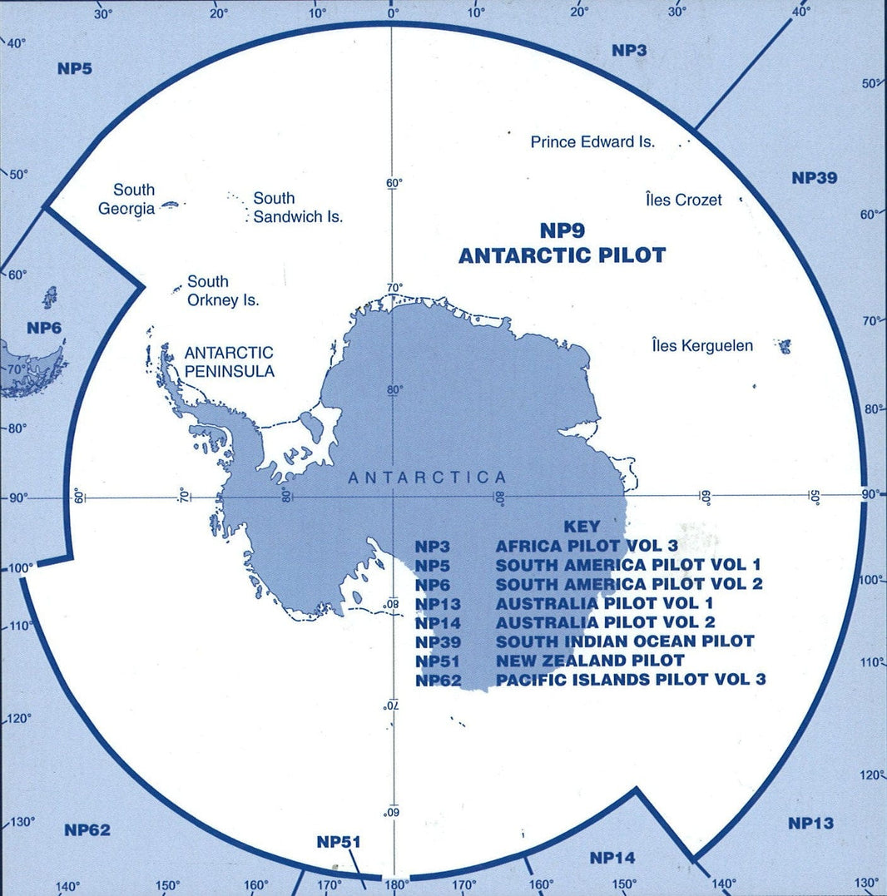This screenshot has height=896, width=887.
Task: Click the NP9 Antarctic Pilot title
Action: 562,243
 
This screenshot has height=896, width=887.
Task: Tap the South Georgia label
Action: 128,199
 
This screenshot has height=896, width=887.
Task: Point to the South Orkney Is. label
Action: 222,290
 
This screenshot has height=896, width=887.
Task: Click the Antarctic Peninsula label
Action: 229,362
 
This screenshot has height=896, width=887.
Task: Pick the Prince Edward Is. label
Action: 592,142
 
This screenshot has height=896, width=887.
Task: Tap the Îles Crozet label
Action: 683,200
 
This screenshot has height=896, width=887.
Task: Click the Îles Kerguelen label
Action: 702,345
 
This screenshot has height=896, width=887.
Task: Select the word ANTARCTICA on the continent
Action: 427,478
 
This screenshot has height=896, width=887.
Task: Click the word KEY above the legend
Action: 581,527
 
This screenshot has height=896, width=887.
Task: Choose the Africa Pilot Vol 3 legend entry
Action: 587,546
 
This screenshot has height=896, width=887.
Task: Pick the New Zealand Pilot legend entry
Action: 590,660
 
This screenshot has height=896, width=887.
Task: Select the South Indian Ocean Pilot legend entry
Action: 624,641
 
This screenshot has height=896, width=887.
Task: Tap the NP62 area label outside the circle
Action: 87,829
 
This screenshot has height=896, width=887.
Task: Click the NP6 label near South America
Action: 44,328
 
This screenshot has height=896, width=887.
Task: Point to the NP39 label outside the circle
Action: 814,178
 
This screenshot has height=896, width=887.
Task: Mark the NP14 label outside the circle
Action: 612,857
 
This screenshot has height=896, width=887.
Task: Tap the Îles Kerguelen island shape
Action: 782,345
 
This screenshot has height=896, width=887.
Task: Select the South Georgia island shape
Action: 170,204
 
